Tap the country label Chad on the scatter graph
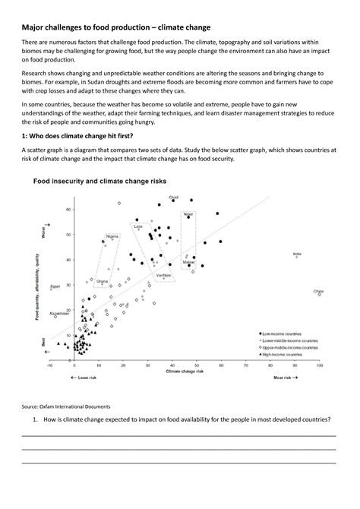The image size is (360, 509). coord(174,196)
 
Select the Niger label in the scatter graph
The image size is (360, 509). coord(188,214)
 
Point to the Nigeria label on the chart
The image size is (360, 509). coord(112,236)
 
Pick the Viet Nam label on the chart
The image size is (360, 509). coord(162,274)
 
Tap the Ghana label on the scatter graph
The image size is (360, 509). coord(102,281)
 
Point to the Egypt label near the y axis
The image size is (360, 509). coord(55,286)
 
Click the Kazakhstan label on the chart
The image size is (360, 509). coord(59,313)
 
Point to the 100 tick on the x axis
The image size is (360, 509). coord(319,364)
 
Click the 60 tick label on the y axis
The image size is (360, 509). coord(68,209)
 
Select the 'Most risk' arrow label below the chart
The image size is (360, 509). coord(285,378)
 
